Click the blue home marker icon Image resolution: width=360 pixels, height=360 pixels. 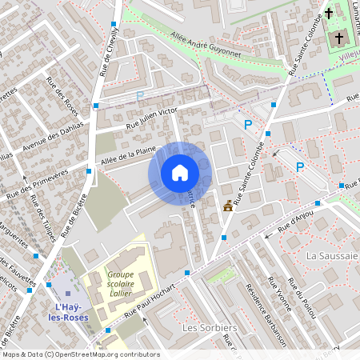[180, 172]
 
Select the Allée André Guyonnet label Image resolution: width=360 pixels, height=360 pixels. [206, 44]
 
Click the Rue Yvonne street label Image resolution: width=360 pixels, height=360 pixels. [281, 298]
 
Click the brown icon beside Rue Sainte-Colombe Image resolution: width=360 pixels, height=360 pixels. [229, 206]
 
